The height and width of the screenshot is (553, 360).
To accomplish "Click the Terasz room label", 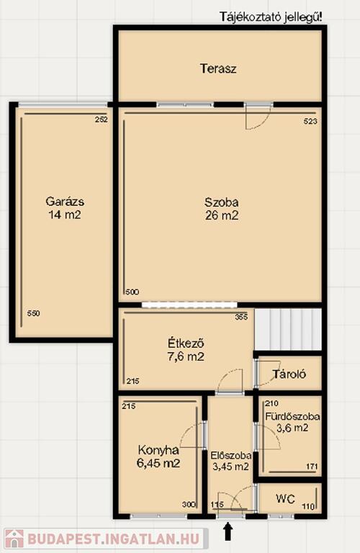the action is (218, 68).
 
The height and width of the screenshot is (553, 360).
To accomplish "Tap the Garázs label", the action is (65, 202).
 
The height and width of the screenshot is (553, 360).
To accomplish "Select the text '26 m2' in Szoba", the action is (222, 215).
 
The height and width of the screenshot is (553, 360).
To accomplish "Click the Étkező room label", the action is (186, 343).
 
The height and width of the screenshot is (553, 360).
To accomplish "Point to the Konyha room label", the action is (158, 450).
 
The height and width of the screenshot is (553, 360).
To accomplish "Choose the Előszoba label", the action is (231, 455).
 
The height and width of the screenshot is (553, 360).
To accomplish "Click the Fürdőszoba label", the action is (292, 416).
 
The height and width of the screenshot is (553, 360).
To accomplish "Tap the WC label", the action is (286, 499).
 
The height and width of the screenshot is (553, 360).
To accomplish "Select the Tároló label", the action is (289, 374).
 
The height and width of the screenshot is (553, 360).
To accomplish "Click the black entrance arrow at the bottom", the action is (229, 531).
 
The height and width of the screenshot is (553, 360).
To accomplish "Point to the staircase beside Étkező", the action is (288, 330).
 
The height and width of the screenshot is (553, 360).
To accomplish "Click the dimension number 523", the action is (310, 121).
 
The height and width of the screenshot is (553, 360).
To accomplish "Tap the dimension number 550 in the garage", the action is (34, 313).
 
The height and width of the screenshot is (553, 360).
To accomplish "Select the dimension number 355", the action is (241, 317).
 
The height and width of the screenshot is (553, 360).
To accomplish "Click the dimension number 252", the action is (102, 120).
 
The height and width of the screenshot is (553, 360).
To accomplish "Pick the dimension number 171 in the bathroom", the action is (312, 467).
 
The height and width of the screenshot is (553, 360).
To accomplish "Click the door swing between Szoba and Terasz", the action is (258, 117).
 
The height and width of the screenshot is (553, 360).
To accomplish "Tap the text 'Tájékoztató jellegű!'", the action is (271, 17).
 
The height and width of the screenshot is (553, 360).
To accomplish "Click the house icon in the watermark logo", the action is (14, 539).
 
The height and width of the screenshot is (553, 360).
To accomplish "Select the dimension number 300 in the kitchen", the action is (189, 505).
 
